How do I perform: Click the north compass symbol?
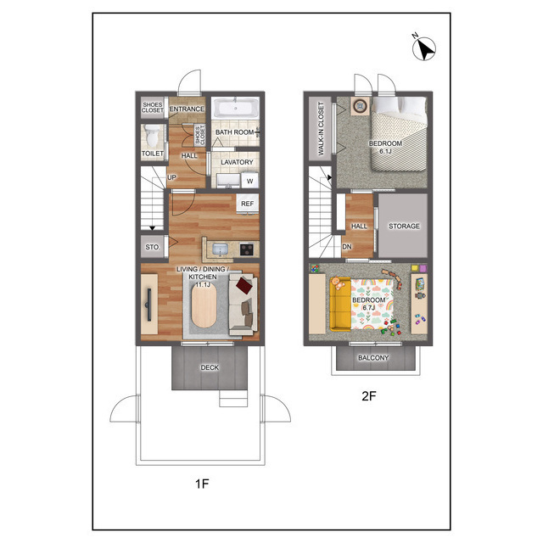coord(424,48)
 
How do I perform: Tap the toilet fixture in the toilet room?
coord(153,136)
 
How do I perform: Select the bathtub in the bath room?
coord(236,108)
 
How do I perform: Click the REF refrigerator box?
coord(247,204)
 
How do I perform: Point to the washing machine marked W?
coord(250,181)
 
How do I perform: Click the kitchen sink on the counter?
coord(220,249)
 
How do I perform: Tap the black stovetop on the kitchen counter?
coord(247,249)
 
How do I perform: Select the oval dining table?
coord(204,305)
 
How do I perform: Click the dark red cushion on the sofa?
coord(244,285)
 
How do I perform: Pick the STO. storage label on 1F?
coord(153,247)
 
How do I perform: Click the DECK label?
coord(210,367)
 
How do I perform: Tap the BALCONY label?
coord(373,358)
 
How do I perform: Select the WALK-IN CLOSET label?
coord(321,128)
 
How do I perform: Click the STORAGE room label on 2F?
coord(404,227)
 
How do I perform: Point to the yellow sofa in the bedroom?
coord(340,304)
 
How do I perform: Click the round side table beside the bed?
coord(361,105)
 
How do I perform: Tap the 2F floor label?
coord(369,396)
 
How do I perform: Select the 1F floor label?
coord(202,484)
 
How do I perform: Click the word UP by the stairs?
coord(171,177)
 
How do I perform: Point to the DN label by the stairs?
coord(347,247)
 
